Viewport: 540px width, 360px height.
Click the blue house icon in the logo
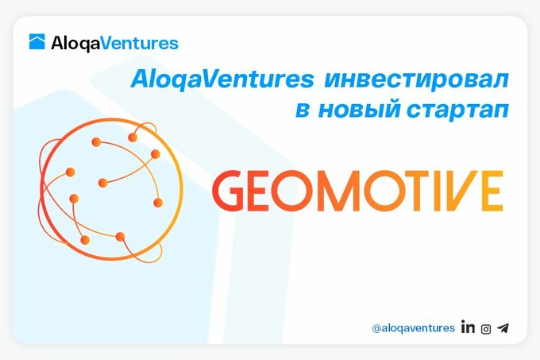click(x=37, y=42)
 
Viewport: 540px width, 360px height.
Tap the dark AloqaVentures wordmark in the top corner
click(x=114, y=43)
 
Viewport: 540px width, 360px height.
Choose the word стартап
click(x=458, y=111)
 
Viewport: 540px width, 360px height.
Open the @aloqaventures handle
click(x=413, y=327)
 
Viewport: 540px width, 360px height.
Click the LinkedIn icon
click(x=468, y=327)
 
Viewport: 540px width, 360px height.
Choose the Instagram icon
click(x=485, y=327)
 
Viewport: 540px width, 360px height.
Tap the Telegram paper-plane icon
click(x=503, y=327)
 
